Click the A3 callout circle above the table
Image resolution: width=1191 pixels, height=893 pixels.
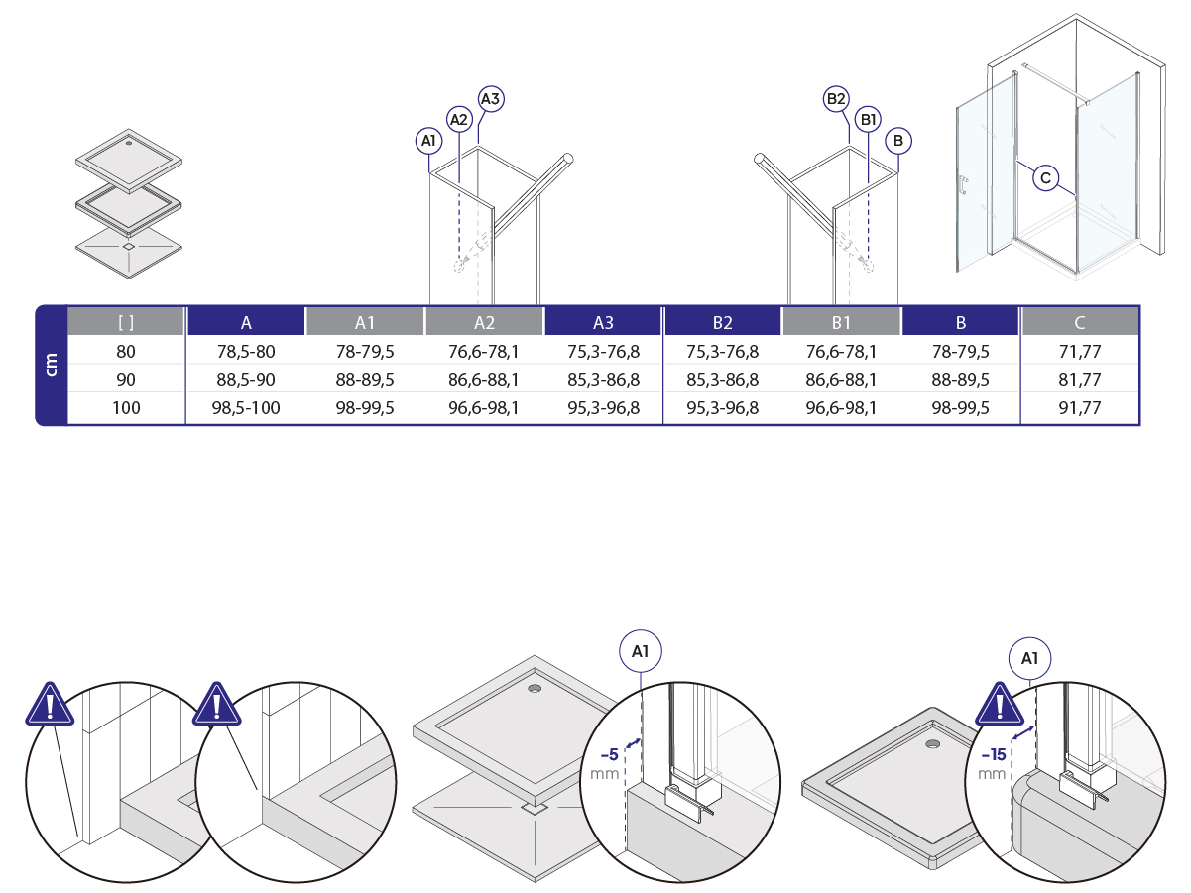(491, 99)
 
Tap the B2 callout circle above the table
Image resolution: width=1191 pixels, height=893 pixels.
(836, 99)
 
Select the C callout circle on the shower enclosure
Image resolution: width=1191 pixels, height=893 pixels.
(1045, 177)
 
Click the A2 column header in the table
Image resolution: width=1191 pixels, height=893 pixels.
(484, 322)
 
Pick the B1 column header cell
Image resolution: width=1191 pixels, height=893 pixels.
(841, 322)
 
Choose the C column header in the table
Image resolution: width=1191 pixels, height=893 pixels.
(1080, 322)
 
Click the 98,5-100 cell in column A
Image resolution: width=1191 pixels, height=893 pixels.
(246, 407)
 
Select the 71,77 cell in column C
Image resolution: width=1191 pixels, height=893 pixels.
(1080, 351)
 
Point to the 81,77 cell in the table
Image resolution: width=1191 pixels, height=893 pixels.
(1080, 379)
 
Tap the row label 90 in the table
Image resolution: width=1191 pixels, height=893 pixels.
(126, 379)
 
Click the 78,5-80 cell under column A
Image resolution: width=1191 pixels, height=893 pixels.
(246, 351)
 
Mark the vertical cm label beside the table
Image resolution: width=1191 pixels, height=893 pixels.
(51, 365)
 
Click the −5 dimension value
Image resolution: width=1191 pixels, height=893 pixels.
(610, 755)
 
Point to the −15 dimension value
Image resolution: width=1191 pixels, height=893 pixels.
(994, 755)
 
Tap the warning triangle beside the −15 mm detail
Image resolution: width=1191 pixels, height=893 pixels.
(1000, 705)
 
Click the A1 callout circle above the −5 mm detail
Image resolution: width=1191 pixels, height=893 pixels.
(641, 651)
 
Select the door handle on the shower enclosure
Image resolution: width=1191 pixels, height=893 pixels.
(964, 185)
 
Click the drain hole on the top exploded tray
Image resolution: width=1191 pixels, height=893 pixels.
(129, 143)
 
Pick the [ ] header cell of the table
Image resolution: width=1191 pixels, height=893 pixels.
(126, 322)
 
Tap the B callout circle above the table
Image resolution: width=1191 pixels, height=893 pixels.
(898, 141)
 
